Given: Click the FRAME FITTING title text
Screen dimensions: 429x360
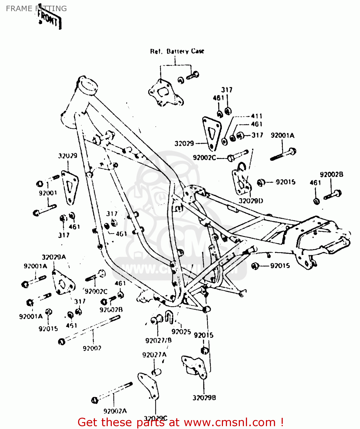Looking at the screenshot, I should point(36,9).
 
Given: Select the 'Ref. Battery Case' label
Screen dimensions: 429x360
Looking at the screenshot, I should point(177,51).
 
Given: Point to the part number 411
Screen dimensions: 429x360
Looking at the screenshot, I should point(256,116).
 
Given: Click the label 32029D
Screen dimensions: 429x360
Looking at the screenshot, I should point(251,201).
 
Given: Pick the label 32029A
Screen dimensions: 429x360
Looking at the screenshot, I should point(54,257).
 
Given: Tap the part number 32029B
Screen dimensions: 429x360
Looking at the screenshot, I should point(204,398).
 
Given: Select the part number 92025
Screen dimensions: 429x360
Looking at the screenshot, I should point(181,332).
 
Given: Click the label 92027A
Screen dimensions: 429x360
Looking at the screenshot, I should point(154,355).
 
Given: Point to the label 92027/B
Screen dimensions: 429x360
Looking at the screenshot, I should point(158,341).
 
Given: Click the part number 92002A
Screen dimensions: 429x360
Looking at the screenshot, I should point(115,411).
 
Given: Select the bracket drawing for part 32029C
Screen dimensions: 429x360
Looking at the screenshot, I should point(149,386).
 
